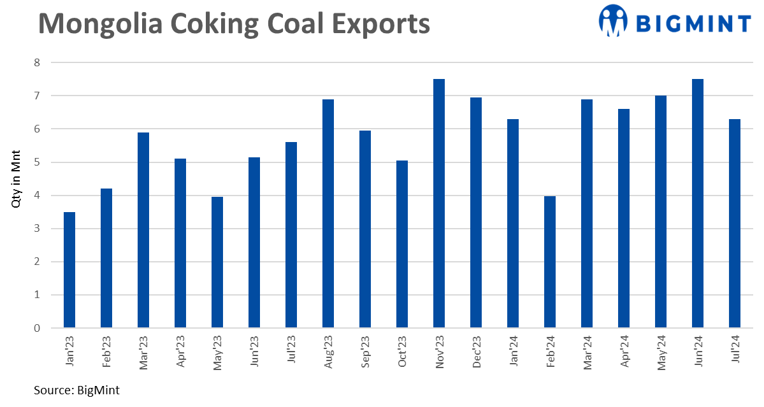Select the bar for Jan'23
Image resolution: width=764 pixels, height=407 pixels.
pos(69,270)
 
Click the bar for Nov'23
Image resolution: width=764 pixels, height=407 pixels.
pos(439,204)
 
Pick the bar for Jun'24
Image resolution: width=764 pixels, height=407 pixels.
pos(698,204)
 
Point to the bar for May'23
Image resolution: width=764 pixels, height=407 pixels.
pos(217,262)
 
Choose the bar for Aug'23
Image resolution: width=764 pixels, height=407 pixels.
pos(328,213)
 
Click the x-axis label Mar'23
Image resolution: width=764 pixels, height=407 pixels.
pos(143,352)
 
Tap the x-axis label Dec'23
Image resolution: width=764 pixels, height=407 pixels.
pos(476,352)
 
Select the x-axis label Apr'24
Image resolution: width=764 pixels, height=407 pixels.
pos(624,352)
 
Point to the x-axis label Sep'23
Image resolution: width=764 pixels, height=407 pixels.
pos(365,352)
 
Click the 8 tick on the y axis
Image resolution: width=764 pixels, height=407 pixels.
pos(37,62)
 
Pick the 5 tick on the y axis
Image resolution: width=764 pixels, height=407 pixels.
pos(37,162)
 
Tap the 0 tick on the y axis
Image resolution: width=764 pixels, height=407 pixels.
pos(37,328)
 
